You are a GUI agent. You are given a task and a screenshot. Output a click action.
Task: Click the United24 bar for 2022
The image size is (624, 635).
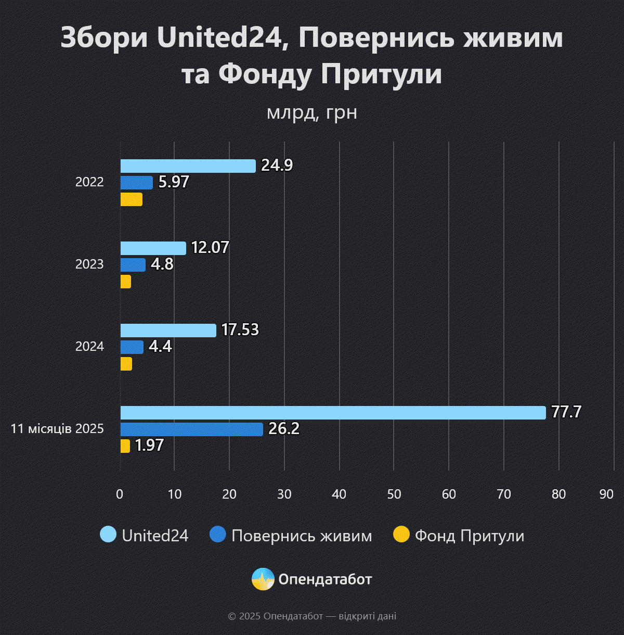point(188,166)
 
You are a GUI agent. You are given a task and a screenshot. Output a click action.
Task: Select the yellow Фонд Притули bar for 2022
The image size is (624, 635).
point(131,199)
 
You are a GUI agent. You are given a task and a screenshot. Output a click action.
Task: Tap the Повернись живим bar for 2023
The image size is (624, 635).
point(133,265)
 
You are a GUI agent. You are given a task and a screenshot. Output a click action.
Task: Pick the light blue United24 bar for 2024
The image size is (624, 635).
point(168,331)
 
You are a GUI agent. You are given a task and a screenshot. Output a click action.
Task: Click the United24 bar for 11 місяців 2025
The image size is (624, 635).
point(333,413)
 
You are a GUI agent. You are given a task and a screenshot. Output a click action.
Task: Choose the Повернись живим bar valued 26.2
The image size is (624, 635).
point(191,429)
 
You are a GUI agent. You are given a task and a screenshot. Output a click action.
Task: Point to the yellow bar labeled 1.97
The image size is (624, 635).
point(125,446)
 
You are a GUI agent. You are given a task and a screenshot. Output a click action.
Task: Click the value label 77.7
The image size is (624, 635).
point(566,412)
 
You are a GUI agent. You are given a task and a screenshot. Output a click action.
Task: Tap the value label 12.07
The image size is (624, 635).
point(210,247)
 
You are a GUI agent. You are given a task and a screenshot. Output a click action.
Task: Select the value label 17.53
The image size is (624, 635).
point(240,330)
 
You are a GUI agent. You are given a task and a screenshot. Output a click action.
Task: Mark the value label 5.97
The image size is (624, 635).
point(174,182)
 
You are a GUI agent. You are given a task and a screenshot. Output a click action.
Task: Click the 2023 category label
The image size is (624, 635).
point(89,264)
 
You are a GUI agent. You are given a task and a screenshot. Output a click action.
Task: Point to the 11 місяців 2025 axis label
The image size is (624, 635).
point(57,429)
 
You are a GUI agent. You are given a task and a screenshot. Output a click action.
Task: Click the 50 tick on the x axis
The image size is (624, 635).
point(394,494)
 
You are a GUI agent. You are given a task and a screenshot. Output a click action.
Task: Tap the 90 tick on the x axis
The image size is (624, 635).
point(606,494)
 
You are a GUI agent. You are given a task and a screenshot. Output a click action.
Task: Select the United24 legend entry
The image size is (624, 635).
point(145,535)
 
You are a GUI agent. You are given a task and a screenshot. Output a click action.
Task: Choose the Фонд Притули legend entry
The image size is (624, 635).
point(459,535)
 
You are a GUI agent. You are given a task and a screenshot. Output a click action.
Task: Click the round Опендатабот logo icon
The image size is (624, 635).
point(263,579)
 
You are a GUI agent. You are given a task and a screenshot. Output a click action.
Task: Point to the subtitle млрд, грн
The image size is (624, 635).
point(312,112)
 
